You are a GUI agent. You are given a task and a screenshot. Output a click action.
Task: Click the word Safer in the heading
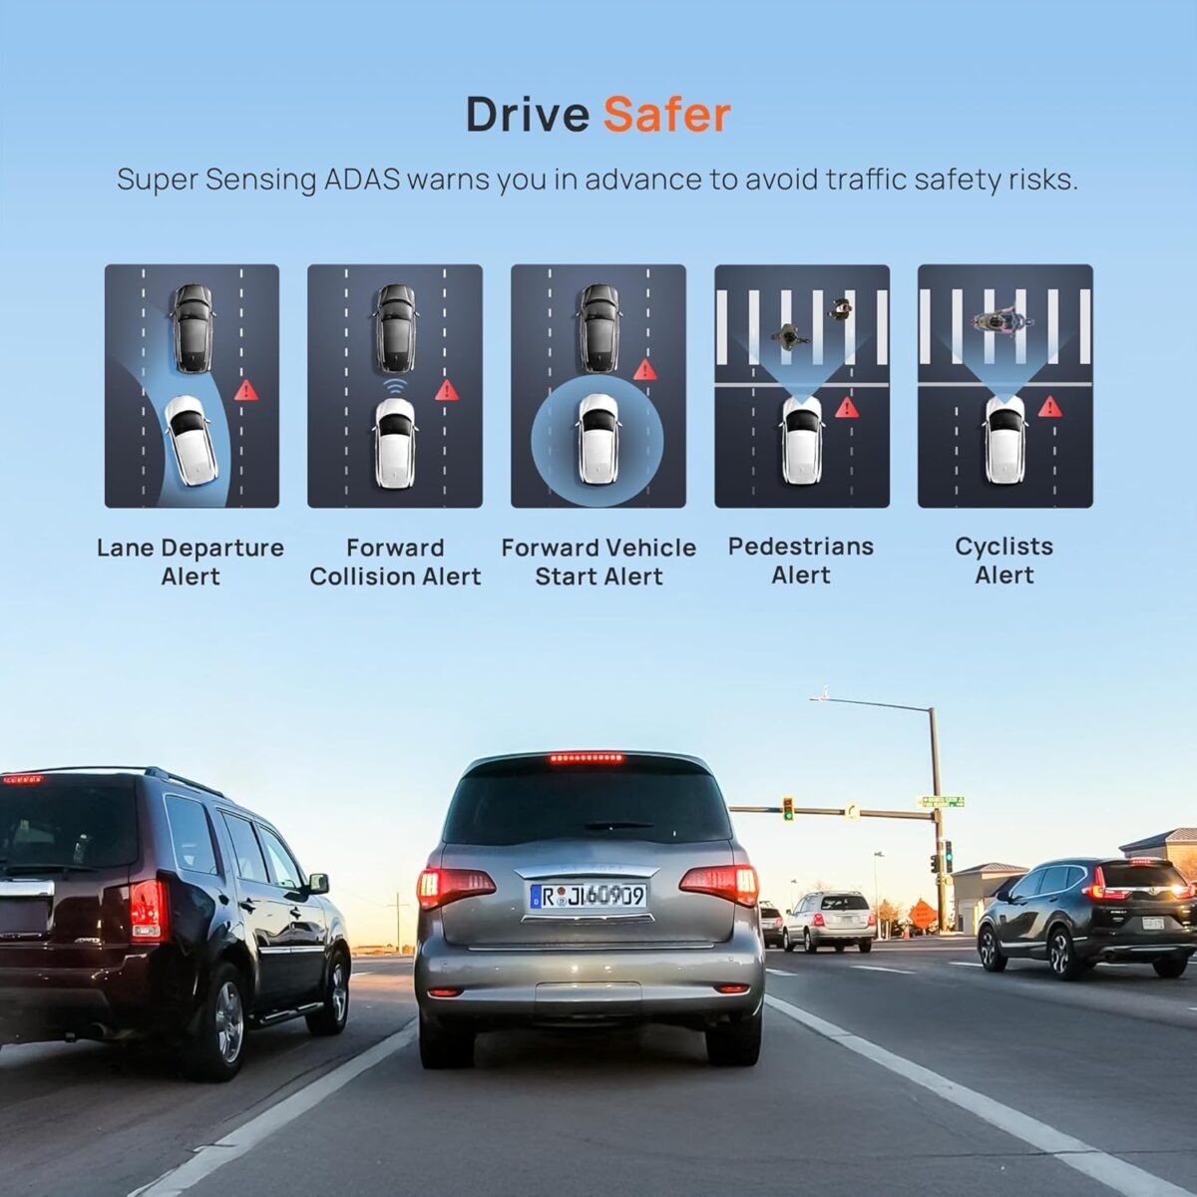(x=666, y=115)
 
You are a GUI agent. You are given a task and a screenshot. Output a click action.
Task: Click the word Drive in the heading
(x=528, y=115)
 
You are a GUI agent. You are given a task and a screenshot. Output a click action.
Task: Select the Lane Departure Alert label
(x=191, y=562)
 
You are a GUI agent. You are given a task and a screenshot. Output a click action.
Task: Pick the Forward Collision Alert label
(x=395, y=562)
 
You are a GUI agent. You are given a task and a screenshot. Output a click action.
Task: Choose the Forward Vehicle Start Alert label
(x=598, y=562)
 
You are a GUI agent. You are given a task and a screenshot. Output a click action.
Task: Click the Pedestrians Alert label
(x=801, y=561)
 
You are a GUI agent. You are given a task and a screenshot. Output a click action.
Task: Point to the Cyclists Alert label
(x=1004, y=561)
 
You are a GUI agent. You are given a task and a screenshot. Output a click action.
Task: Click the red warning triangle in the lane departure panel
(x=246, y=390)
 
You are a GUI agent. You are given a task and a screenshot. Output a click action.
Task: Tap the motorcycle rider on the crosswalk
(x=1001, y=321)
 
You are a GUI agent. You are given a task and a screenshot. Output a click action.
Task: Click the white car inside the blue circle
(x=598, y=439)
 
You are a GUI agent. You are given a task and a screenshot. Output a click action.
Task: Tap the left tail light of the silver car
(x=455, y=888)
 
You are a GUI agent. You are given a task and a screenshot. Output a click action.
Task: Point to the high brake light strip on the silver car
(x=586, y=757)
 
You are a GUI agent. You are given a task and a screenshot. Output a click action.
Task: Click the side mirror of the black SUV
(x=318, y=883)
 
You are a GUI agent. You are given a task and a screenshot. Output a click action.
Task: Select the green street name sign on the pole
(x=941, y=801)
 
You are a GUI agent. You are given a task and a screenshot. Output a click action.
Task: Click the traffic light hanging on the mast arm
(x=788, y=809)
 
